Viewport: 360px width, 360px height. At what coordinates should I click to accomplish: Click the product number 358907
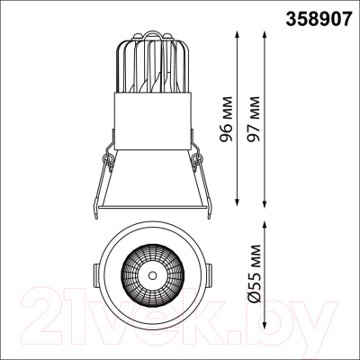click(x=318, y=19)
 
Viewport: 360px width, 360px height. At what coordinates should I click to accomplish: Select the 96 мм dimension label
click(x=226, y=119)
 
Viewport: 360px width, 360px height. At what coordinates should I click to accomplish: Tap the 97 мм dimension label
click(x=252, y=119)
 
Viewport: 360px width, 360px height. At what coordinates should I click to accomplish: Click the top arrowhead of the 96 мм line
click(x=238, y=34)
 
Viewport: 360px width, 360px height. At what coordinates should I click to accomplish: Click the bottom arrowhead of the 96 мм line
click(x=238, y=202)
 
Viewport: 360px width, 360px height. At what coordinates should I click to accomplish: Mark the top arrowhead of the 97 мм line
click(x=264, y=34)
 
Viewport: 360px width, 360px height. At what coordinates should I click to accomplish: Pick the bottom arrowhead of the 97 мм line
click(x=264, y=202)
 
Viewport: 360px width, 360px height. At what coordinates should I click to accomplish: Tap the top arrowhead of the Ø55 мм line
click(x=265, y=225)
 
